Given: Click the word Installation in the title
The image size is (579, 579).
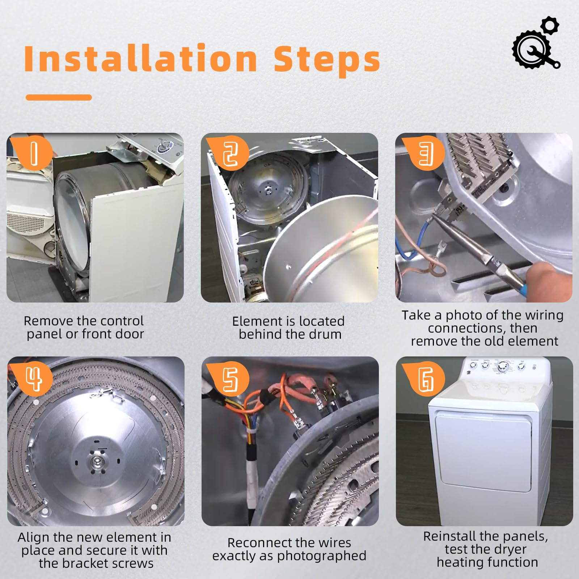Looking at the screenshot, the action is pos(140,59).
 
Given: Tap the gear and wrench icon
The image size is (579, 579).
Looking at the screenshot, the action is pos(537,43).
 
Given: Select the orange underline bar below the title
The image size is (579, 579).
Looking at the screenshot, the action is pos(59,97).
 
